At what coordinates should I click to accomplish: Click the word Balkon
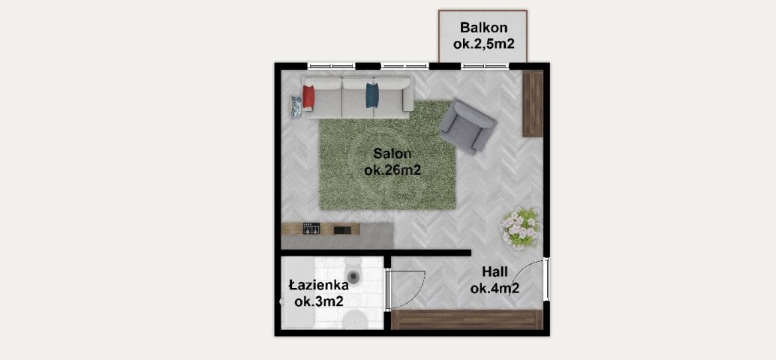point(483,27)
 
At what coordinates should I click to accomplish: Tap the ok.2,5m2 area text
point(483,43)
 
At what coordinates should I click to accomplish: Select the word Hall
point(495,271)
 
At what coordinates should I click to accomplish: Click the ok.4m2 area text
point(495,288)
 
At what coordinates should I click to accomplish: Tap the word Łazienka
point(319,285)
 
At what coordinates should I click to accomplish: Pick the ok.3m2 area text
point(319,301)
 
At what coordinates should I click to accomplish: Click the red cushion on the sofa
point(308,97)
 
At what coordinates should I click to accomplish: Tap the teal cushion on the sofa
point(372,95)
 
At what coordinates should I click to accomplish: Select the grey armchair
point(468,126)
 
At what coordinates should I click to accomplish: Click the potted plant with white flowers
point(519,227)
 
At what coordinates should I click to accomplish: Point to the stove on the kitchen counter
point(311,229)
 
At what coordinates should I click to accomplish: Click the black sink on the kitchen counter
point(343,229)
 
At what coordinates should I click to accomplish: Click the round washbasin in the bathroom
point(354,319)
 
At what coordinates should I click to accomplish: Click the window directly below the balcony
point(485,66)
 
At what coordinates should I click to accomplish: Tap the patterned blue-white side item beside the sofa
point(296,106)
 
